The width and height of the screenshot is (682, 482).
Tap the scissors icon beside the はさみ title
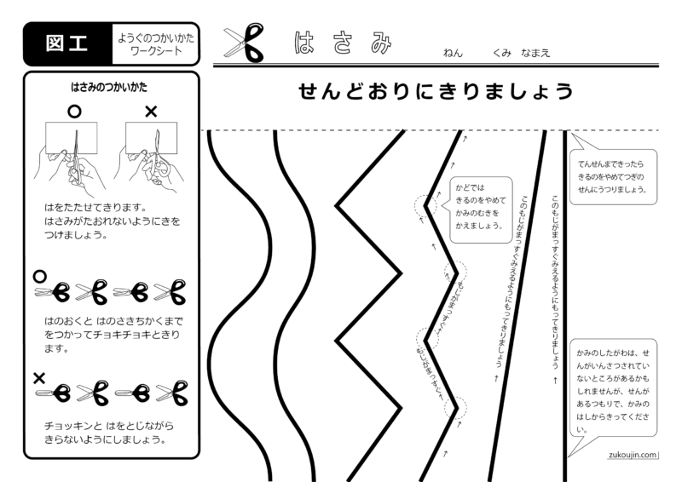246,43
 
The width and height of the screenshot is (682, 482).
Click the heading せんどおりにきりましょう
436,92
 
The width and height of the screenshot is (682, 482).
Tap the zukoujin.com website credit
633,455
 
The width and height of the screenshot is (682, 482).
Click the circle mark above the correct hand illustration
74,112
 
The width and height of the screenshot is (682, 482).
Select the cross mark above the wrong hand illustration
151,112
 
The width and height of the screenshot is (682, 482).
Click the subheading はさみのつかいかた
112,87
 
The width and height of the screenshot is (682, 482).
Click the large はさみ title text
341,43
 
